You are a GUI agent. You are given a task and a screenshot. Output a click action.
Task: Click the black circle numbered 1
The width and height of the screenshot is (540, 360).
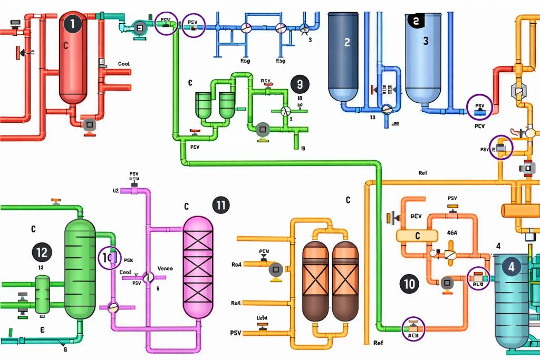point(73,24)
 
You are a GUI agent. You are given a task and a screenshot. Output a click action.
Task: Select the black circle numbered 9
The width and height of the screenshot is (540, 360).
point(300,84)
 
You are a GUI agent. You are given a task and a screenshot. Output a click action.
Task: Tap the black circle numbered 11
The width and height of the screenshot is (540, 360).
point(221,205)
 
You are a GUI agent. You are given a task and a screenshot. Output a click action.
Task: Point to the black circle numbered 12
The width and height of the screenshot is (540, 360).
point(41,252)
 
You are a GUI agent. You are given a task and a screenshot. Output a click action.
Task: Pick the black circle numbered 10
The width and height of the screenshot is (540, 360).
point(409,284)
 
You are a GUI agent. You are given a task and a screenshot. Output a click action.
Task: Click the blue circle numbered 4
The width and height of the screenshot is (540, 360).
point(510,267)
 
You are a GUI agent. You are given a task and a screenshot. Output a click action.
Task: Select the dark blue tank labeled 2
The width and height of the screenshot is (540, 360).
point(343,55)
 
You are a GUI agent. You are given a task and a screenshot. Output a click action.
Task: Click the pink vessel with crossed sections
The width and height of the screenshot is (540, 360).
point(198,266)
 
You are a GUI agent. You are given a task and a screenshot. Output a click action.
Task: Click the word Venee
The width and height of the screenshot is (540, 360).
point(165,267)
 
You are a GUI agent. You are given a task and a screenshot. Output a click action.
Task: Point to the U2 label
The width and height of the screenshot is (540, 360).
point(116,190)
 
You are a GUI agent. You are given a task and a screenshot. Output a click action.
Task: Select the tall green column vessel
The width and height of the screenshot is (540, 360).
point(80,269)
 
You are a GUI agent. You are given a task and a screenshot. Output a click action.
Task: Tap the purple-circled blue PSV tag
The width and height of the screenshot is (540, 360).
point(480,108)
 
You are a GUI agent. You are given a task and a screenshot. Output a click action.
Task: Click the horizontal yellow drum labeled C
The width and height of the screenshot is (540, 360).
point(418,235)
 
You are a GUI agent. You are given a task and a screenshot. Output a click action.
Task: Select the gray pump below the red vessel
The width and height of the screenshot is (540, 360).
point(89,124)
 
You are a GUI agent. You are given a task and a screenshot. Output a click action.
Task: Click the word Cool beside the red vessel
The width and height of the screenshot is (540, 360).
point(123,64)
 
